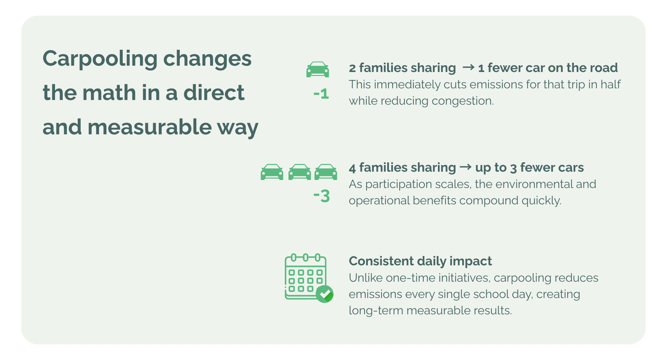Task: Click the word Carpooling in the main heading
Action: click(100, 59)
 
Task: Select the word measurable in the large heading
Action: click(149, 127)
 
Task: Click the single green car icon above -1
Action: click(317, 69)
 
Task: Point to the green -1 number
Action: click(321, 94)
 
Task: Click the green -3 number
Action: click(321, 196)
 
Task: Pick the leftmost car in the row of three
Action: click(272, 172)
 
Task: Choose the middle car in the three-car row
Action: click(299, 172)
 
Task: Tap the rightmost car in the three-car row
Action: click(326, 172)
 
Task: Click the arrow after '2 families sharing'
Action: click(468, 68)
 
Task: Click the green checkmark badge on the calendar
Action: click(324, 294)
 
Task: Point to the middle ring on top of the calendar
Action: click(305, 257)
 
